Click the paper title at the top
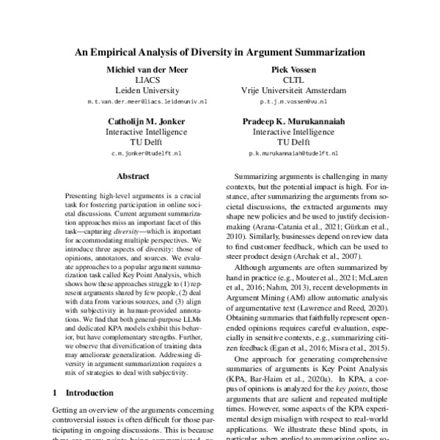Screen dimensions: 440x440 (219, 53)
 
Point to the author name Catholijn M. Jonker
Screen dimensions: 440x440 (136, 122)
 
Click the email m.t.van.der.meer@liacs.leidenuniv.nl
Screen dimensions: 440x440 (136, 103)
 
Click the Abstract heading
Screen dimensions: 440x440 (136, 176)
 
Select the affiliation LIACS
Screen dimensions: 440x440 (136, 81)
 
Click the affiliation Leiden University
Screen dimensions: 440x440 (136, 92)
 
